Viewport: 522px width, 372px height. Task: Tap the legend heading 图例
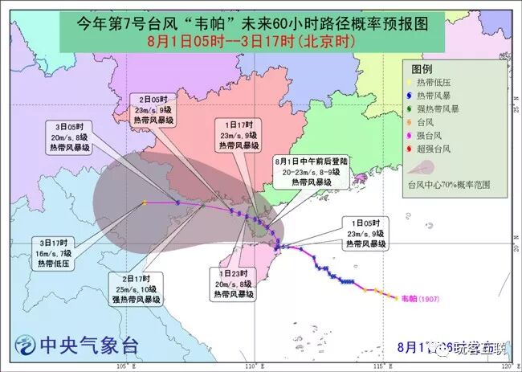(x=422, y=69)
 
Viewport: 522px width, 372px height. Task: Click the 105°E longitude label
(x=123, y=366)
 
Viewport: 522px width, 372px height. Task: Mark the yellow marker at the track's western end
(x=144, y=202)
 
